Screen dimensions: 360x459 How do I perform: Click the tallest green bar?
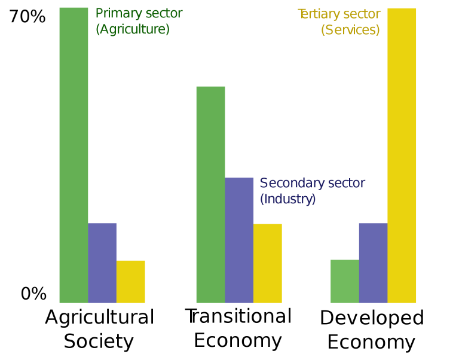click(x=74, y=155)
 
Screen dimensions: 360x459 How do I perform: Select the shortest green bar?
click(x=344, y=281)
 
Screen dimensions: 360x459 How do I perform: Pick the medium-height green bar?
click(x=210, y=194)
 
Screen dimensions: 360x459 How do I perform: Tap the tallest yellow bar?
click(x=402, y=155)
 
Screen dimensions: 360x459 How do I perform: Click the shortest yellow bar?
click(x=131, y=281)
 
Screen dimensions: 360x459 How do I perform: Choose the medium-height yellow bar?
click(x=267, y=263)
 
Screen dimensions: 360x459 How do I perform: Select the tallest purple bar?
click(x=239, y=239)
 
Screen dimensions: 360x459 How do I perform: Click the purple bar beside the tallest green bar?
click(x=102, y=263)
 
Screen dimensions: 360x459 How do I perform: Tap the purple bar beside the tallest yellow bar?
click(x=373, y=263)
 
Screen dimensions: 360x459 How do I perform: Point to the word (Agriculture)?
click(x=132, y=29)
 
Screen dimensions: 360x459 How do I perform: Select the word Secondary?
click(x=287, y=183)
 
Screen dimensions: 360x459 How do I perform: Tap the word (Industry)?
click(x=287, y=199)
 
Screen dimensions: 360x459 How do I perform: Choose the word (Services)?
click(x=350, y=29)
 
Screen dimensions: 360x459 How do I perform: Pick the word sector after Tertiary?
click(x=362, y=14)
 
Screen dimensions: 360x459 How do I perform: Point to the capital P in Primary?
click(x=99, y=13)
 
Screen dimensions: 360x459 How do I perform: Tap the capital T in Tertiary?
click(x=301, y=13)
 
